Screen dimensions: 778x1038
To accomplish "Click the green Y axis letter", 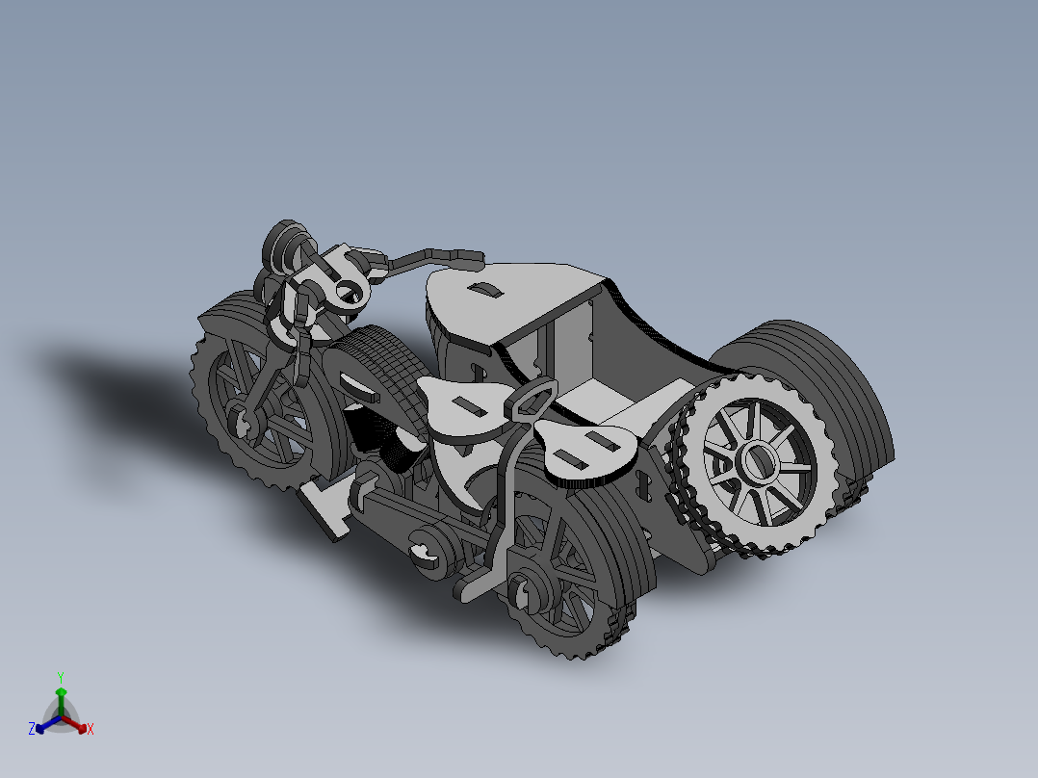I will point(60,676).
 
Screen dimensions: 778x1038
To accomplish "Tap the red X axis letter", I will point(91,729).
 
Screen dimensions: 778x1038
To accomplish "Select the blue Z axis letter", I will point(32,729).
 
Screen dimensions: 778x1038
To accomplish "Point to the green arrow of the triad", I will point(61,698).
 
